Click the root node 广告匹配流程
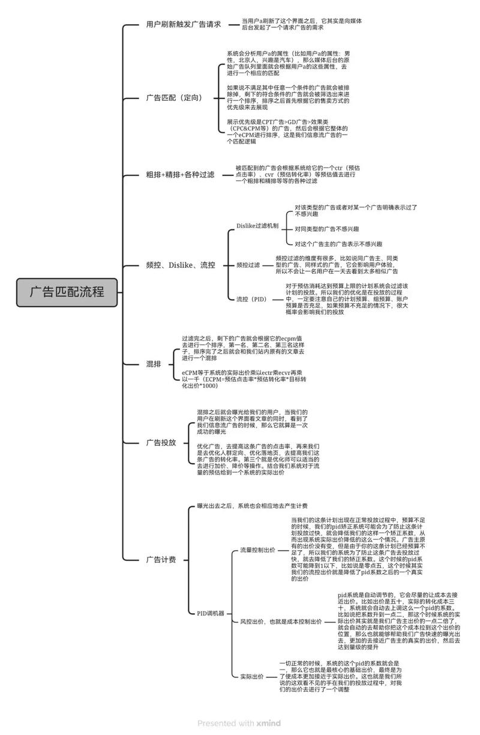(x=67, y=292)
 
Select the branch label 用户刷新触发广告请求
(x=184, y=25)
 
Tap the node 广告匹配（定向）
(x=174, y=98)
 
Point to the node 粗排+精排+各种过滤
(x=180, y=175)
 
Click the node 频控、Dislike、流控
(x=181, y=265)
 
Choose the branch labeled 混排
(x=154, y=364)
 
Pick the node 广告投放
(x=161, y=443)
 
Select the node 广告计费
(x=161, y=560)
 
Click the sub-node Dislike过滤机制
(x=257, y=226)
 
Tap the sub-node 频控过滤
(x=248, y=265)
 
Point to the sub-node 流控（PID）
(x=251, y=298)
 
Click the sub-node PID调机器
(x=211, y=613)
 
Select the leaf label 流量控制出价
(x=257, y=550)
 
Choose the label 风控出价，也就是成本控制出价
(x=281, y=622)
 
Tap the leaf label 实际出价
(x=252, y=676)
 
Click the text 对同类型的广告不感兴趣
(x=327, y=229)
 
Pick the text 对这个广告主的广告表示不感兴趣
(x=338, y=244)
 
